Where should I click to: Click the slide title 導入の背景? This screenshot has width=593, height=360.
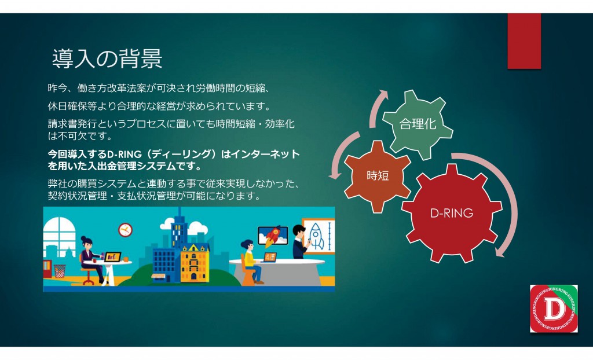pyautogui.click(x=107, y=58)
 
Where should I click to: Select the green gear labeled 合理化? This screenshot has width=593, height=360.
pyautogui.click(x=418, y=124)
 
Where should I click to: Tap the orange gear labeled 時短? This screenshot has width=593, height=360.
pyautogui.click(x=378, y=176)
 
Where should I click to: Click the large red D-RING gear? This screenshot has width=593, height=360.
pyautogui.click(x=452, y=213)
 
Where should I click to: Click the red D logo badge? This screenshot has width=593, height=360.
pyautogui.click(x=554, y=308)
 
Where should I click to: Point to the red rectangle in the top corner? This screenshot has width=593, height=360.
pyautogui.click(x=524, y=41)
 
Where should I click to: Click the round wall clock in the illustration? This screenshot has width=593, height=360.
pyautogui.click(x=125, y=230)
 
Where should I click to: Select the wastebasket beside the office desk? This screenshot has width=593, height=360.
pyautogui.click(x=60, y=271)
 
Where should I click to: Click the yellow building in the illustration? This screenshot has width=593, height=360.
pyautogui.click(x=195, y=263)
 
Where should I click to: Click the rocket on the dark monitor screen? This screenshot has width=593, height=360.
pyautogui.click(x=272, y=236)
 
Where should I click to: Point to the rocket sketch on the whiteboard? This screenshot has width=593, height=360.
pyautogui.click(x=316, y=236)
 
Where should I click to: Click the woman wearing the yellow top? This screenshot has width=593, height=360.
pyautogui.click(x=250, y=262)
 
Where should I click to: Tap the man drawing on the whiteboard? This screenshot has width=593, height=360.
pyautogui.click(x=301, y=241)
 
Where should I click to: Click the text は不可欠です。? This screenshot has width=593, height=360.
pyautogui.click(x=80, y=136)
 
